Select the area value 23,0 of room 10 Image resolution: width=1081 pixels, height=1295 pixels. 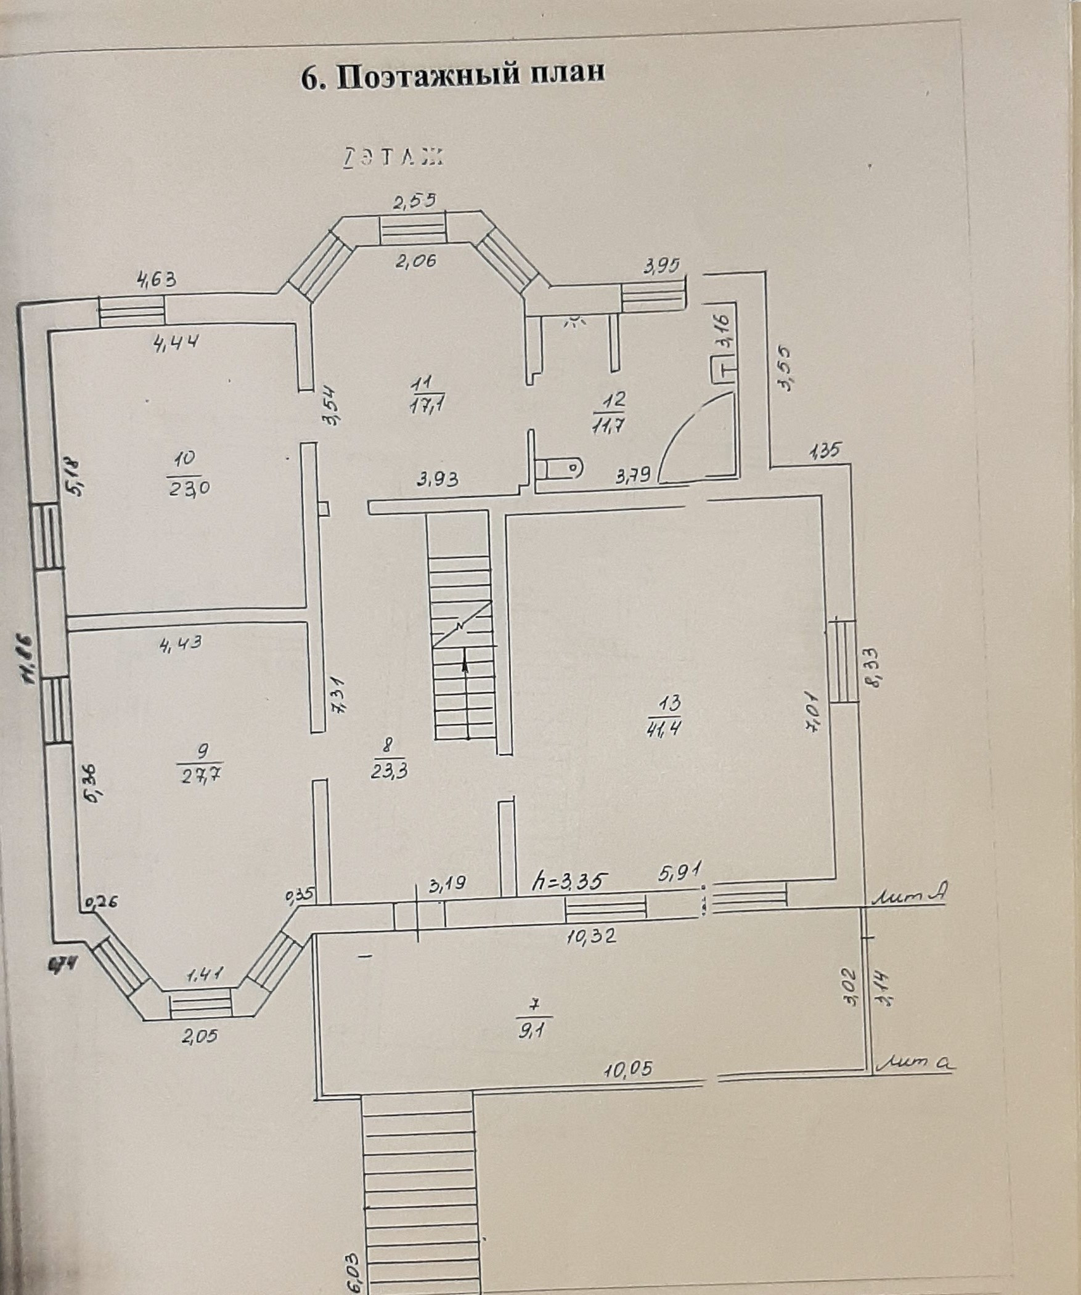[189, 489]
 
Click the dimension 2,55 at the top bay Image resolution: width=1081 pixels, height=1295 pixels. [415, 200]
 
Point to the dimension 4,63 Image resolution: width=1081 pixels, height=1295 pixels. [157, 280]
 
